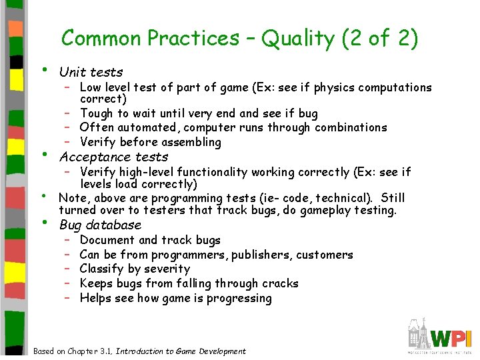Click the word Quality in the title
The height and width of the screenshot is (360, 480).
[298, 39]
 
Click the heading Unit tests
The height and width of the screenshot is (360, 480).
[91, 72]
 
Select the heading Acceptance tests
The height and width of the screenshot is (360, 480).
[113, 157]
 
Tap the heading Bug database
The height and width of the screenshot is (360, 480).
[100, 225]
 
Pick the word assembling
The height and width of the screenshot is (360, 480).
[189, 142]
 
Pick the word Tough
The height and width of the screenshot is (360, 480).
[97, 113]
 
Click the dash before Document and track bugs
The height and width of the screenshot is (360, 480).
[68, 240]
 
